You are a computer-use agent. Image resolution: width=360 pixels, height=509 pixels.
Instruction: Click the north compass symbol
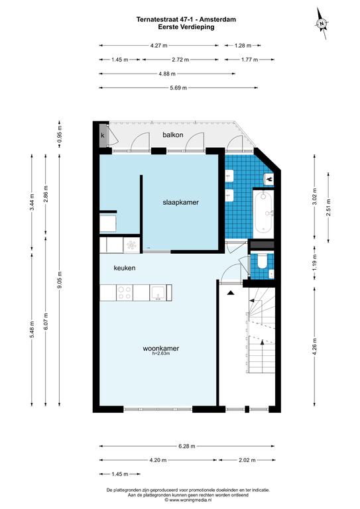tap(322, 23)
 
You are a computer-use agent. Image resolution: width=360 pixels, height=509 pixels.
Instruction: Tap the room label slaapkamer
tap(180, 202)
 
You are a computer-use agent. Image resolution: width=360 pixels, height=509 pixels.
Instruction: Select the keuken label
tap(125, 268)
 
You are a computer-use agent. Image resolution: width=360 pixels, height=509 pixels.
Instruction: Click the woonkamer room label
tap(160, 349)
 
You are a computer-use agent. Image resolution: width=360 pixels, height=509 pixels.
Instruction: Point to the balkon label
tap(172, 135)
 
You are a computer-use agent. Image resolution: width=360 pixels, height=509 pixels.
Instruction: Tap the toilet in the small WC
tap(262, 262)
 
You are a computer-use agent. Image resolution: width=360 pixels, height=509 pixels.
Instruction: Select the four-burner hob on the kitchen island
tap(125, 292)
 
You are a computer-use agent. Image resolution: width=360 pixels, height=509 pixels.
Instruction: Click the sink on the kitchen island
tap(158, 292)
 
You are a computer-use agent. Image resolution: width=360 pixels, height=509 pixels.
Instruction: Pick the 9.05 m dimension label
tap(59, 281)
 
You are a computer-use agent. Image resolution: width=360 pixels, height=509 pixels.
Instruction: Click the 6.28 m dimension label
tap(187, 446)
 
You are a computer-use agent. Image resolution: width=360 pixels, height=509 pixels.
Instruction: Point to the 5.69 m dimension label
tap(178, 87)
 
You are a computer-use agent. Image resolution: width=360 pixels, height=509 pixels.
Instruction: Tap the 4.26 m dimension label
tap(314, 347)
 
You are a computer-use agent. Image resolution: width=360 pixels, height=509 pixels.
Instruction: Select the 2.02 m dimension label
tap(247, 460)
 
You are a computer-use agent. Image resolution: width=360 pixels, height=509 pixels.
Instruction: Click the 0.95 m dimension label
tap(59, 134)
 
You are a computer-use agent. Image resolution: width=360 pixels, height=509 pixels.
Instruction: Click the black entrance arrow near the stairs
tap(231, 293)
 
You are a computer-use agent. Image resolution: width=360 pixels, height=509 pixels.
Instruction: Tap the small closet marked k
tap(103, 136)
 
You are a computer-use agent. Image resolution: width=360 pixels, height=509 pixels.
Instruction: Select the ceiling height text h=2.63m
tap(160, 353)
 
